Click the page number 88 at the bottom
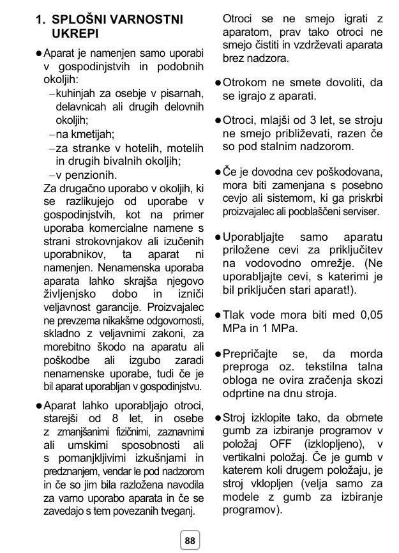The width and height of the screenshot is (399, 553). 190,540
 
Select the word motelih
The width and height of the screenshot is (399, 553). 180,148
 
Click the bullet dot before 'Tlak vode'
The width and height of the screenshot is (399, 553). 217,315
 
